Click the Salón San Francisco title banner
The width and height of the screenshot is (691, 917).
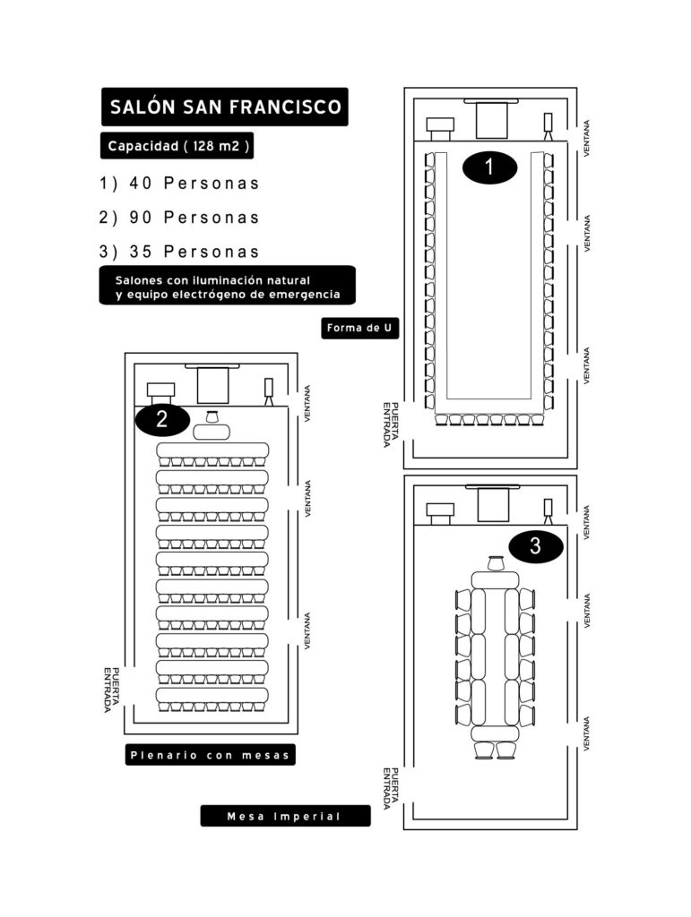[x=225, y=107]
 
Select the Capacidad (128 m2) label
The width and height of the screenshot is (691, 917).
[x=177, y=146]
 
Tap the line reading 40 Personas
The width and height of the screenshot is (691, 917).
[x=179, y=184]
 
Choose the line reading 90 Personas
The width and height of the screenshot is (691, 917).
[x=179, y=218]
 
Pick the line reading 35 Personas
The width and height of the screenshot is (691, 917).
[x=179, y=252]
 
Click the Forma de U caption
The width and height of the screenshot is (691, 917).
[x=359, y=328]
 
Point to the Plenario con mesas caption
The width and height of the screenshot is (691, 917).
[x=210, y=755]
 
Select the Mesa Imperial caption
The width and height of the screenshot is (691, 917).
[x=286, y=816]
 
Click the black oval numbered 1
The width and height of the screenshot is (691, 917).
[x=489, y=167]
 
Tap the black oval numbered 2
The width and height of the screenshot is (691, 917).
[x=162, y=419]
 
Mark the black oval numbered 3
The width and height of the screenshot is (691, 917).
[x=535, y=546]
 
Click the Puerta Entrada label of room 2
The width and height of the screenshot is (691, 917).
[x=111, y=690]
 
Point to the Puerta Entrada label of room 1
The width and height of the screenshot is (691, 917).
[x=390, y=424]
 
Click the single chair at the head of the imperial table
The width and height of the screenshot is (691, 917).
[x=496, y=563]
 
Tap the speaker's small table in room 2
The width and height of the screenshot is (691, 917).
[x=212, y=433]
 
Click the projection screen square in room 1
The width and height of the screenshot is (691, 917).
[x=491, y=121]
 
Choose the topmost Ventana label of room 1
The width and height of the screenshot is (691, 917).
[x=586, y=138]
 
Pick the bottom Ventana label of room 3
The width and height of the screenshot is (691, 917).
[x=586, y=733]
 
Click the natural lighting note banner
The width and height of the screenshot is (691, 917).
[x=227, y=286]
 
